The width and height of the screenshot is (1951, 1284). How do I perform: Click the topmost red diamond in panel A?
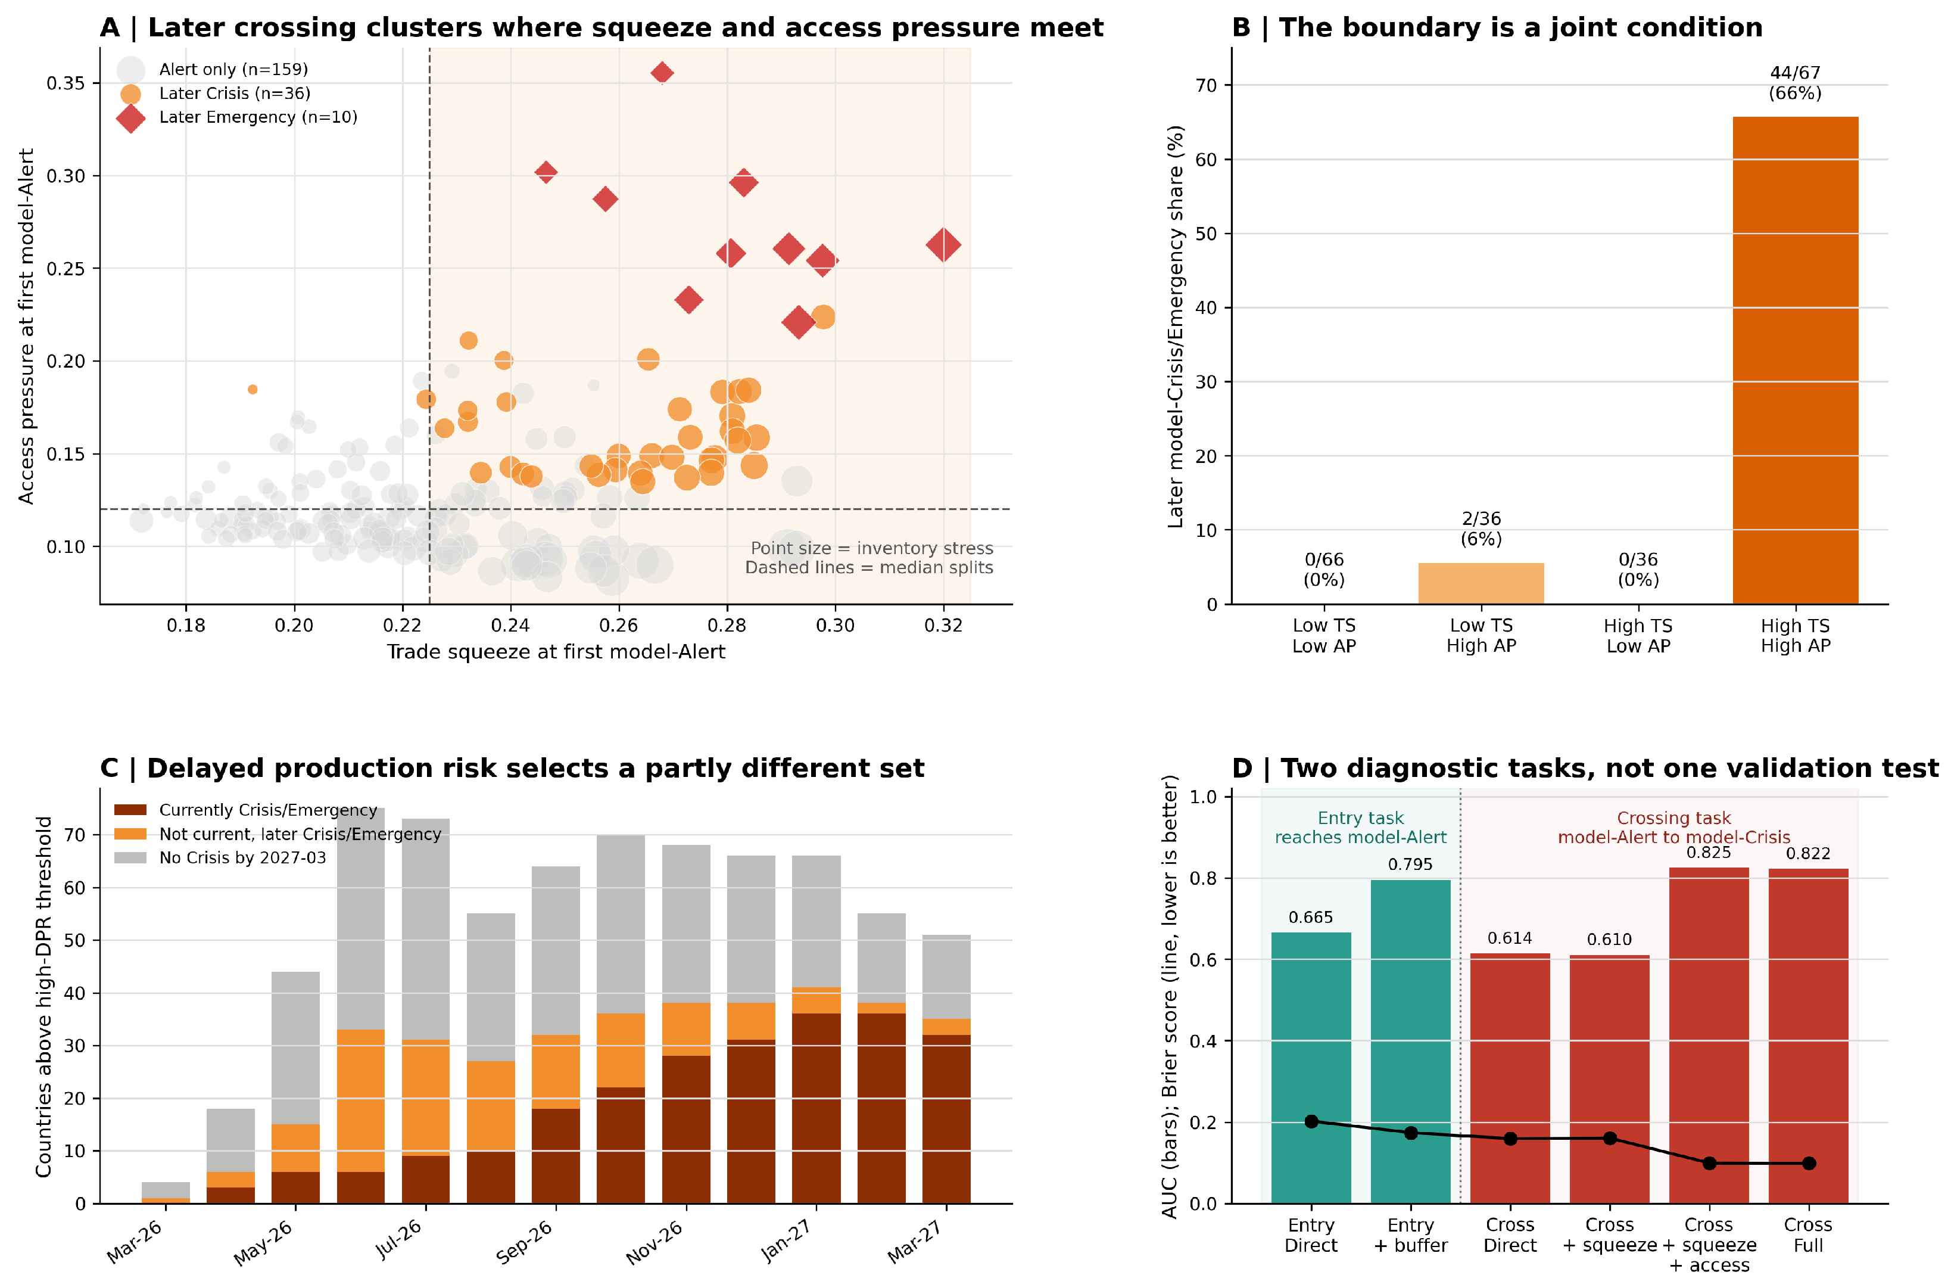pos(662,73)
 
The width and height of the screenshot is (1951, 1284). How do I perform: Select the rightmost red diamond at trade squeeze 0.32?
pos(943,244)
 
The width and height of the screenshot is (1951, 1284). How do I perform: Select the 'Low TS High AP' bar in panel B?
pos(1481,584)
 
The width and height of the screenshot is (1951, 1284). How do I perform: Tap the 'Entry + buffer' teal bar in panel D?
pos(1411,1041)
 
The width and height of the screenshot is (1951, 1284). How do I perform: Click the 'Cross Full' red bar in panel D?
pos(1808,1036)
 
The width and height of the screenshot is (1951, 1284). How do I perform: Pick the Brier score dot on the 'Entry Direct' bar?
pos(1311,1121)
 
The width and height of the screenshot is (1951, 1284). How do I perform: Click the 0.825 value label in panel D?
pos(1709,853)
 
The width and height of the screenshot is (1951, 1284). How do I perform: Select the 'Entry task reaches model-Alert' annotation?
pos(1361,828)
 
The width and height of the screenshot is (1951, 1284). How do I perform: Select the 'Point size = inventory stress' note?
pos(872,548)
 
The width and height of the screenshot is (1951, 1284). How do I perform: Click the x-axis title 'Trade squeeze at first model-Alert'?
pos(556,652)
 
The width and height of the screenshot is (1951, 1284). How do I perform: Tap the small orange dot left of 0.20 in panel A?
pos(253,390)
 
